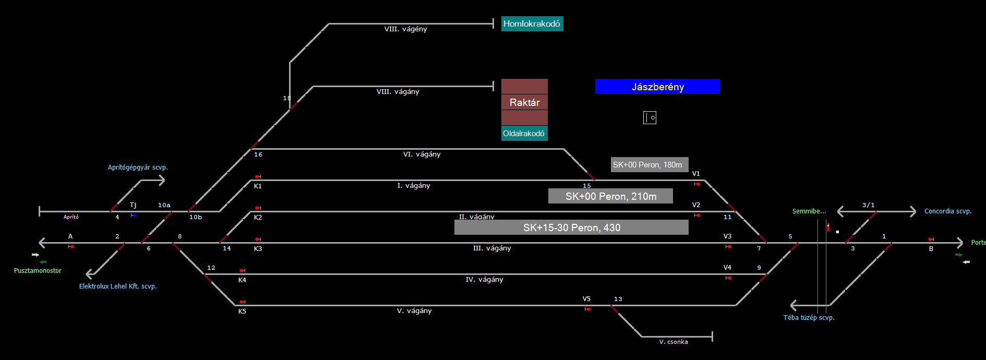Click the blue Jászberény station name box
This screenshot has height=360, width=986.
(x=657, y=87)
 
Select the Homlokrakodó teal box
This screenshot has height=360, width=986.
(x=532, y=23)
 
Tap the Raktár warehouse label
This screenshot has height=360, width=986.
(x=524, y=102)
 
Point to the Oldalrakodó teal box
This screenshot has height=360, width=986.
(x=524, y=134)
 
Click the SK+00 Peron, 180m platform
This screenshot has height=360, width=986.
(x=649, y=165)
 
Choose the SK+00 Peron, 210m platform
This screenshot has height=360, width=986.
(x=610, y=196)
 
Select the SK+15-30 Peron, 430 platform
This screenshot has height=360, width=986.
(x=571, y=227)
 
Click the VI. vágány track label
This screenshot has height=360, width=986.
(x=422, y=154)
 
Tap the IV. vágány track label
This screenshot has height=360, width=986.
(x=484, y=280)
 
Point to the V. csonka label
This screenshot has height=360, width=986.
(x=674, y=342)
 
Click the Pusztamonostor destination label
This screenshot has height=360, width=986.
(x=38, y=271)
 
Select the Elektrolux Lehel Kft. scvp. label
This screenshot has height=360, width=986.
(x=118, y=286)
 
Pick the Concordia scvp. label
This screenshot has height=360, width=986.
(x=948, y=211)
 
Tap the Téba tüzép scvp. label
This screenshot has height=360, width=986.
(x=809, y=318)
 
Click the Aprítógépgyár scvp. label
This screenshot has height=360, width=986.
(x=138, y=167)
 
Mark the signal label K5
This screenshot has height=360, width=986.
(x=242, y=311)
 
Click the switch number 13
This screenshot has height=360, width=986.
(x=618, y=299)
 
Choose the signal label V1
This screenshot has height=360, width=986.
(x=696, y=174)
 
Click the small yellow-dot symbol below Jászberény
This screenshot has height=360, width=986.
(x=650, y=118)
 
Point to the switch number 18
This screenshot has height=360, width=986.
(x=286, y=98)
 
